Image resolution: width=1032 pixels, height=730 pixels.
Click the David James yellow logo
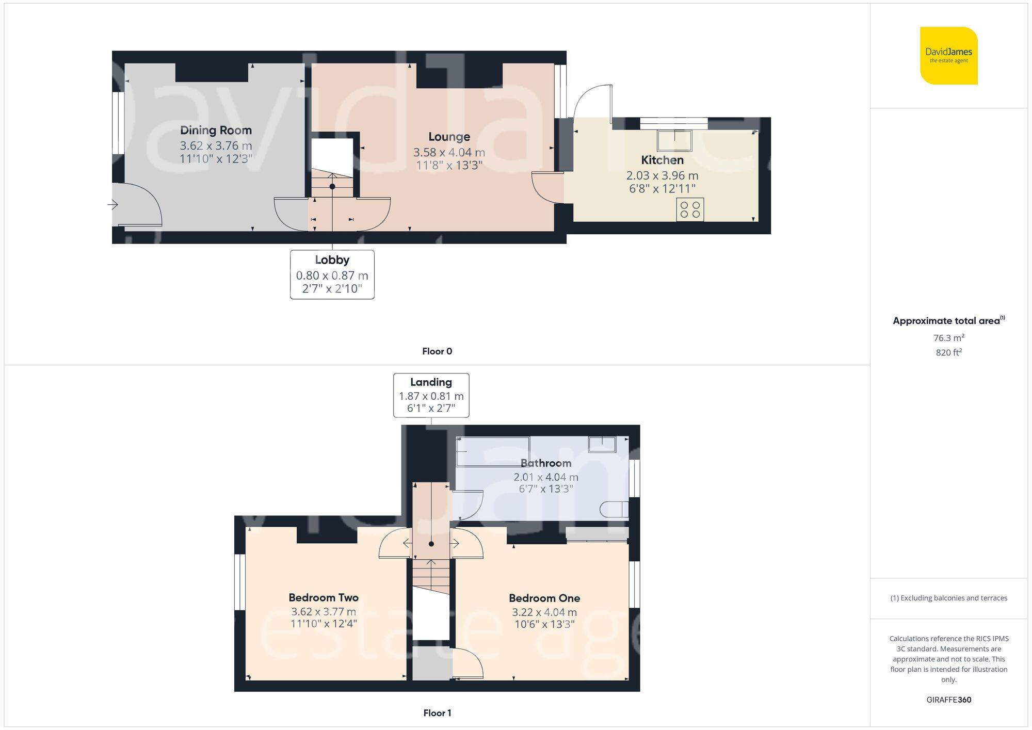click(x=948, y=56)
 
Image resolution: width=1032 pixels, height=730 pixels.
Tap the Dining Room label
click(x=216, y=130)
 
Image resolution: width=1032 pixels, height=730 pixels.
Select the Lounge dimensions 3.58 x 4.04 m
click(x=448, y=152)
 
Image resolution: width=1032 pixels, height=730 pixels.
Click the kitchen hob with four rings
click(x=690, y=209)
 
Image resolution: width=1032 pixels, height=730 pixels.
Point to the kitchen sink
click(x=674, y=140)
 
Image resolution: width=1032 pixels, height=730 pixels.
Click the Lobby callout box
click(x=332, y=274)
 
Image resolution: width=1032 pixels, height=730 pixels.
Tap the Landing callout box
click(x=431, y=395)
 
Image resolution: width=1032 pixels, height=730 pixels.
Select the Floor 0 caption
click(x=437, y=351)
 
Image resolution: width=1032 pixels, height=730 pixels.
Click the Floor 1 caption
click(x=437, y=713)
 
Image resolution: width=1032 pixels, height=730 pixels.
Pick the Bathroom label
click(x=545, y=463)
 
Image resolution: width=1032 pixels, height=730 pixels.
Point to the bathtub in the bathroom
click(x=493, y=451)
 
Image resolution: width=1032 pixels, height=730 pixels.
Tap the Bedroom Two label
click(x=323, y=597)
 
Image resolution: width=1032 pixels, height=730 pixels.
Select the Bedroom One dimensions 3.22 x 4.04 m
click(x=544, y=612)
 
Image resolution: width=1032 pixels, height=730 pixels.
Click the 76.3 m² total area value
click(x=948, y=338)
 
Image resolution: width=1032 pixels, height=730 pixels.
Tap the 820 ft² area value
click(x=948, y=352)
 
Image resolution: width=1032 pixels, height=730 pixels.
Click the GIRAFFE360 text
click(x=948, y=700)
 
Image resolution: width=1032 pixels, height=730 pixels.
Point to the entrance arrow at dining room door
click(x=112, y=205)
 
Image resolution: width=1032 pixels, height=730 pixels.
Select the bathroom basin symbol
click(x=602, y=444)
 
